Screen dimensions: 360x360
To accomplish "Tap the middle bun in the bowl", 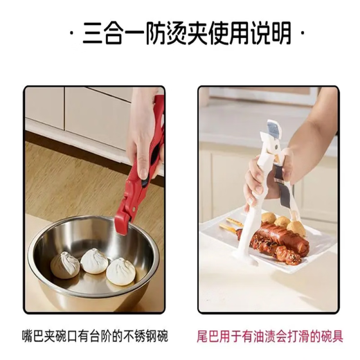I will click(x=96, y=260).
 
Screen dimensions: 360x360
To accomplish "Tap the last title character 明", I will click(x=280, y=34).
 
